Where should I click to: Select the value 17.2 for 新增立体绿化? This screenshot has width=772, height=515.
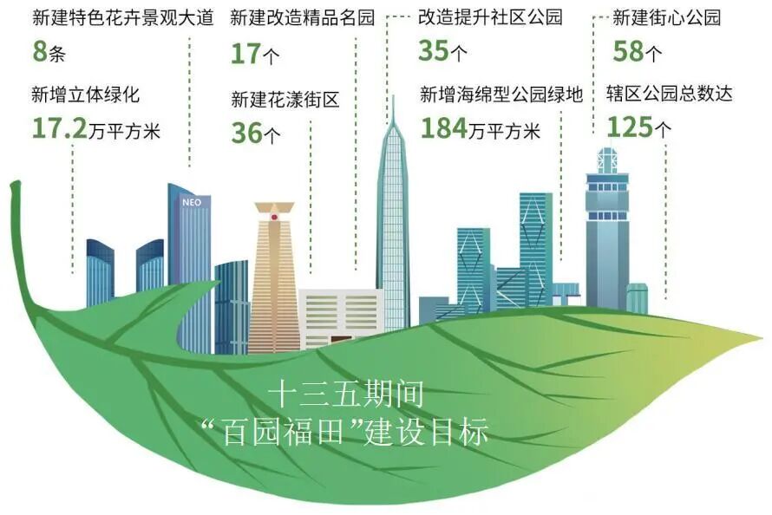(60, 128)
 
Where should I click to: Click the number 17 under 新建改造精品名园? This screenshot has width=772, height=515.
(245, 54)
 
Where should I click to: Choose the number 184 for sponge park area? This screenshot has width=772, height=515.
(443, 128)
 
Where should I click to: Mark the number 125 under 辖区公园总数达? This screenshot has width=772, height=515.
(629, 128)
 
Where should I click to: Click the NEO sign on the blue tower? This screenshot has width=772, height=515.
(192, 202)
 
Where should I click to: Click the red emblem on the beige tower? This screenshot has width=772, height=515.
(274, 216)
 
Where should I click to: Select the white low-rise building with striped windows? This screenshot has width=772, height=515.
(340, 316)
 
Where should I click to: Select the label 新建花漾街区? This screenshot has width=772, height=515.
(285, 99)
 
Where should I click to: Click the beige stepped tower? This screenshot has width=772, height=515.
(274, 277)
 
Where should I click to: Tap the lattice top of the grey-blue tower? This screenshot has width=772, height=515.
(606, 160)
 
